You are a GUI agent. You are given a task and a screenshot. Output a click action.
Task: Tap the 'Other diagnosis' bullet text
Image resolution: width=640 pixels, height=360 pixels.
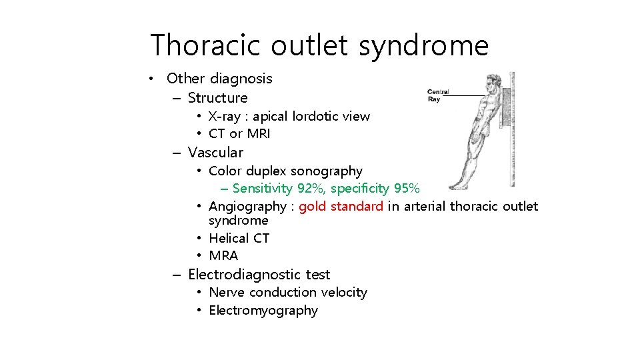tap(219, 79)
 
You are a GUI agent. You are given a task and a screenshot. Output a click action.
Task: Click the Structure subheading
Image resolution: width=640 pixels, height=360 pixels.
tap(217, 98)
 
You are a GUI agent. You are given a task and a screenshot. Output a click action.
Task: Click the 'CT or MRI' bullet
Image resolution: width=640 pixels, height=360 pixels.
tap(239, 134)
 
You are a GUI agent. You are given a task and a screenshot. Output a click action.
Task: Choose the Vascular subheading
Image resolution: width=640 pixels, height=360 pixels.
tap(216, 153)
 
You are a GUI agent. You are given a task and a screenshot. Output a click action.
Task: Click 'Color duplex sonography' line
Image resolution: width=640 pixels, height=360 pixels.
tap(285, 171)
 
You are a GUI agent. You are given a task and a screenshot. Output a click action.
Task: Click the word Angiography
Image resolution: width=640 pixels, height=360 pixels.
tap(247, 207)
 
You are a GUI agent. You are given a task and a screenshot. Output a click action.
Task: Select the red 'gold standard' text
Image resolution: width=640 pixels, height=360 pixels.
tap(341, 207)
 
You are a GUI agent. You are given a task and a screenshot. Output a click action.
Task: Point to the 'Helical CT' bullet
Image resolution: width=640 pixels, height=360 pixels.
tap(239, 238)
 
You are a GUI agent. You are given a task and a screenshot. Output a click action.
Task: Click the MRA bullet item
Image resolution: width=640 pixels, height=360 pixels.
tap(223, 256)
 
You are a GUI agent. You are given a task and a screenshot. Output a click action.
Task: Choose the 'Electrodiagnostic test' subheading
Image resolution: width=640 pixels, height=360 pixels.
tap(259, 275)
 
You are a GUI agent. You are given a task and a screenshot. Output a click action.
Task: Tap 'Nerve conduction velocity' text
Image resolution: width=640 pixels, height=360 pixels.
tap(288, 293)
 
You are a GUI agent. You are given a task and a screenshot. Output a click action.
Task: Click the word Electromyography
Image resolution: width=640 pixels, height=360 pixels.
tap(263, 311)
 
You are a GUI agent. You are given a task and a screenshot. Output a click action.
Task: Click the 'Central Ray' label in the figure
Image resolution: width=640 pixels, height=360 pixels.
tap(438, 95)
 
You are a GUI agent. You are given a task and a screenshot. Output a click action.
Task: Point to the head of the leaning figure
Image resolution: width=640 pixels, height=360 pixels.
tap(491, 83)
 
